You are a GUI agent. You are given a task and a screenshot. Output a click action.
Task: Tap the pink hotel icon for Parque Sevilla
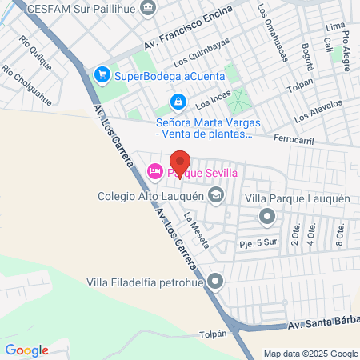point(154,170)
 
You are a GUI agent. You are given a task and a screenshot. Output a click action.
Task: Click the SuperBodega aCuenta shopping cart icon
point(102,76)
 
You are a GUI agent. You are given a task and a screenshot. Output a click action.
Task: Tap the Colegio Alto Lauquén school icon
point(215,194)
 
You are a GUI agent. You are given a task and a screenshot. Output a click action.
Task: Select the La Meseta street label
point(196,229)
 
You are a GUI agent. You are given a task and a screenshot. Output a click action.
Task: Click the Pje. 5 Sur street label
point(256,241)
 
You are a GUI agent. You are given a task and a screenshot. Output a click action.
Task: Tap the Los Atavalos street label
point(318,110)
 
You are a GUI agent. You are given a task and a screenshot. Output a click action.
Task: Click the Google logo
point(26,350)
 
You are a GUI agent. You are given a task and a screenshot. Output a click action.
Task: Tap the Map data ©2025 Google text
point(311,354)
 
